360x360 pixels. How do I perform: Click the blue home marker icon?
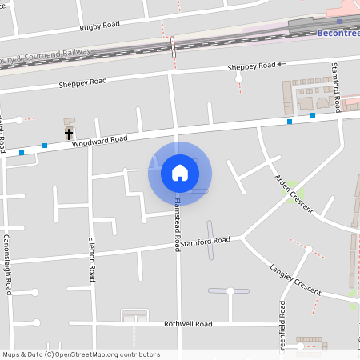tap(180, 173)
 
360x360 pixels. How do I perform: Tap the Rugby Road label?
tap(99, 26)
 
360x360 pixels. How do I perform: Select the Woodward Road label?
tap(99, 140)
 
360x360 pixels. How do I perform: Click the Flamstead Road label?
tap(177, 225)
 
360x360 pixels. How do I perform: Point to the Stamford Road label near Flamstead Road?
tap(205, 241)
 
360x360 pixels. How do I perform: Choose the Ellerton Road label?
tap(92, 260)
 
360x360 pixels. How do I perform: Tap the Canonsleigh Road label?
tap(7, 264)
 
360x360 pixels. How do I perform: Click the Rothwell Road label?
tap(187, 324)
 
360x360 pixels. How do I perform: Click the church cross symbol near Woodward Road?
tap(69, 133)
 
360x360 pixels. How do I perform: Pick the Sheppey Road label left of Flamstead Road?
tap(82, 82)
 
